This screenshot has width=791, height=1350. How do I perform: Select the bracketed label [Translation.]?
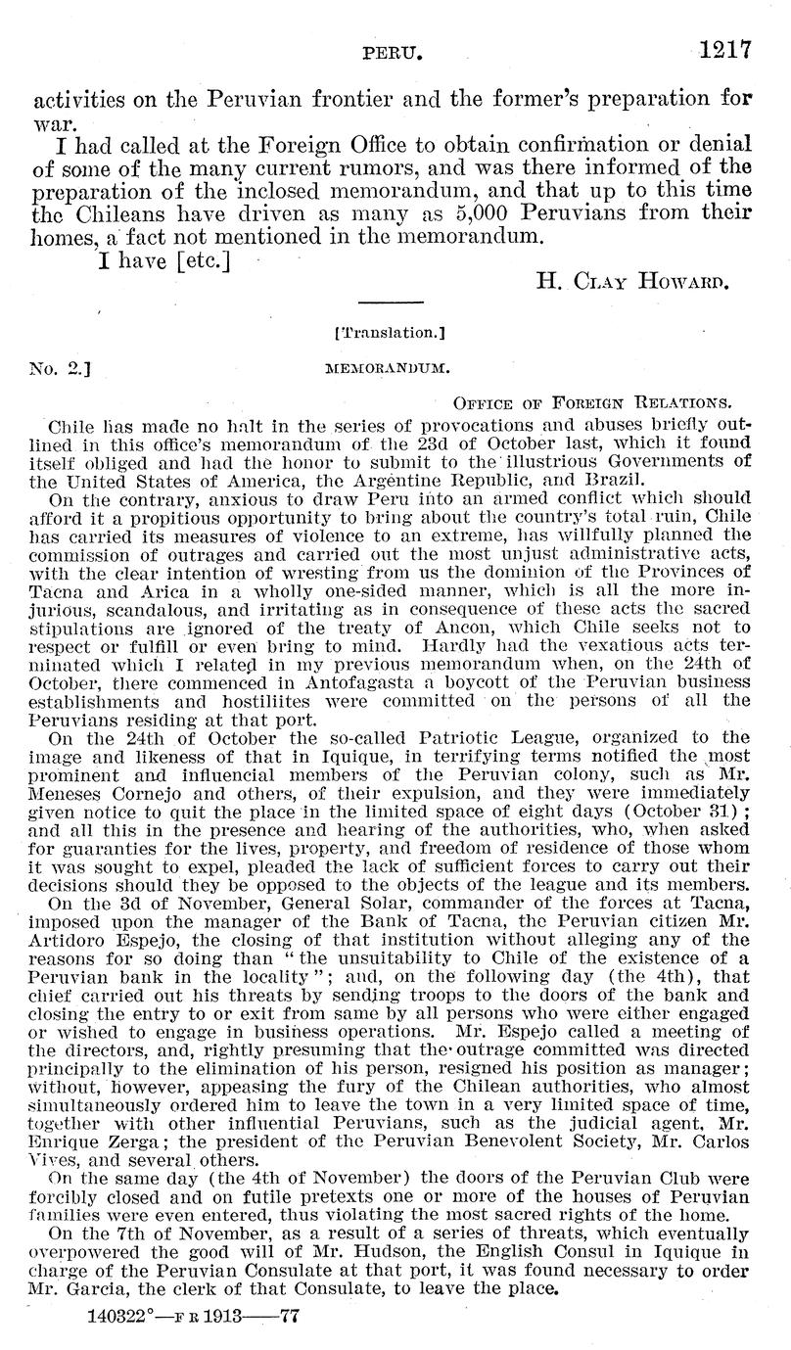(x=391, y=333)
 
